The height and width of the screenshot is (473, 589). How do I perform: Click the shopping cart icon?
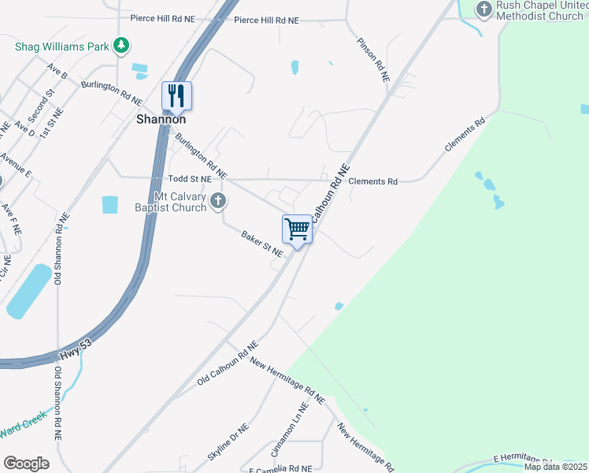(298, 229)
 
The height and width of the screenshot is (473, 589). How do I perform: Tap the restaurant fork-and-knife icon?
(177, 96)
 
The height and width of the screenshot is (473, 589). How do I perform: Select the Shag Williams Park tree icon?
(120, 47)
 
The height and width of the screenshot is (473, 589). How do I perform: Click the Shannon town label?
(161, 119)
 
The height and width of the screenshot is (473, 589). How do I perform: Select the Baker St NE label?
(261, 244)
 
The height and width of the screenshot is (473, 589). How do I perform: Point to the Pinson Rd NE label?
(373, 60)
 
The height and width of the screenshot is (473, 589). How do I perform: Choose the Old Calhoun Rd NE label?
(228, 363)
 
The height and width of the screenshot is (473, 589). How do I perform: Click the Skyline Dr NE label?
(228, 444)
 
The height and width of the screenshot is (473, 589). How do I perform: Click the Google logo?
(26, 463)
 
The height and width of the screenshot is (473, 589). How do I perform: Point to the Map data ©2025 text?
(554, 467)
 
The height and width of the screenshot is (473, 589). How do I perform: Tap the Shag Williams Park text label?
(62, 47)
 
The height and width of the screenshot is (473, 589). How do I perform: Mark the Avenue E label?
(16, 163)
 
